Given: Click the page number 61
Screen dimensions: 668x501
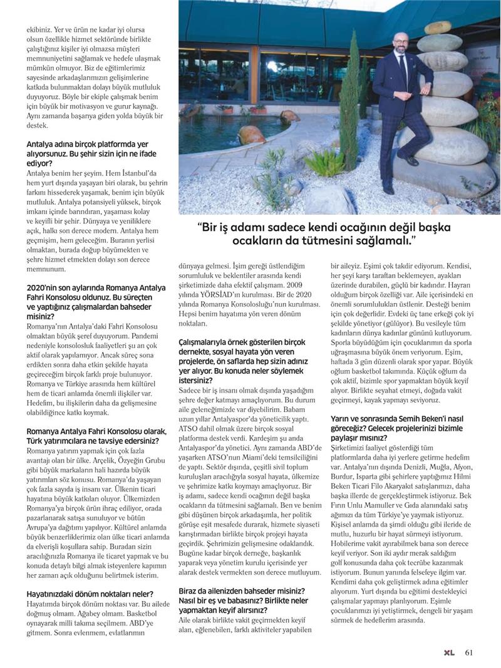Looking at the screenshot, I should pos(468,651).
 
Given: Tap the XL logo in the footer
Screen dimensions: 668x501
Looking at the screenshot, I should pos(448,651).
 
